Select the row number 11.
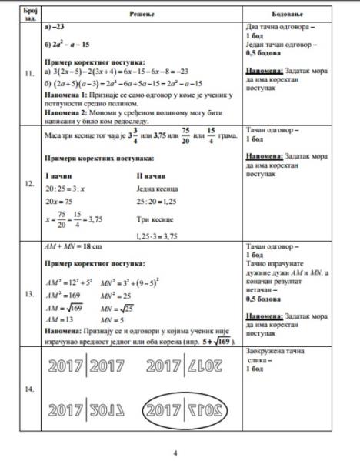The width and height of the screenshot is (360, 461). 30,74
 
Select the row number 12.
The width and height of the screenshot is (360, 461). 30,185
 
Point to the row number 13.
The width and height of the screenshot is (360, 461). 30,294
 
